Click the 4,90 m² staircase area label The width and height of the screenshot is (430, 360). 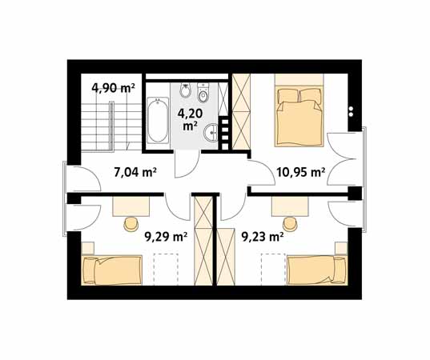click(113, 88)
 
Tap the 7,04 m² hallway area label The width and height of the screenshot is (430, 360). click(135, 173)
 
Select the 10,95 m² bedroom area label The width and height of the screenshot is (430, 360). click(300, 173)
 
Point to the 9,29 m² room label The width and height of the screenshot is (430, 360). click(166, 237)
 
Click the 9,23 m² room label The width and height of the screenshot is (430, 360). click(262, 237)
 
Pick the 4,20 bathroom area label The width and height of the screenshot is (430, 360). click(190, 118)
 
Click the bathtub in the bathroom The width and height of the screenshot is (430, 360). click(158, 120)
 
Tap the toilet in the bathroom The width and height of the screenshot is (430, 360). click(203, 93)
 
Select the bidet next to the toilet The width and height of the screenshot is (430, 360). click(186, 90)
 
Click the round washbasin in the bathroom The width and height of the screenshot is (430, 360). click(211, 133)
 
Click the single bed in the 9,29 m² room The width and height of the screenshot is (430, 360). click(111, 270)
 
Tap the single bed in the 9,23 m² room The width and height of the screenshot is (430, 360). click(317, 270)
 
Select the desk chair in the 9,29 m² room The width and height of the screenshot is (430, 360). click(131, 224)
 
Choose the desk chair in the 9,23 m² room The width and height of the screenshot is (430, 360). click(290, 224)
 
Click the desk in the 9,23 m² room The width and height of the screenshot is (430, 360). click(290, 206)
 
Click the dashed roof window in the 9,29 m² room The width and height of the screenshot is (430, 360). click(166, 270)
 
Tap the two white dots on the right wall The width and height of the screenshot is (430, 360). click(351, 111)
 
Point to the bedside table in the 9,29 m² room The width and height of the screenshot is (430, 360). click(88, 248)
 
